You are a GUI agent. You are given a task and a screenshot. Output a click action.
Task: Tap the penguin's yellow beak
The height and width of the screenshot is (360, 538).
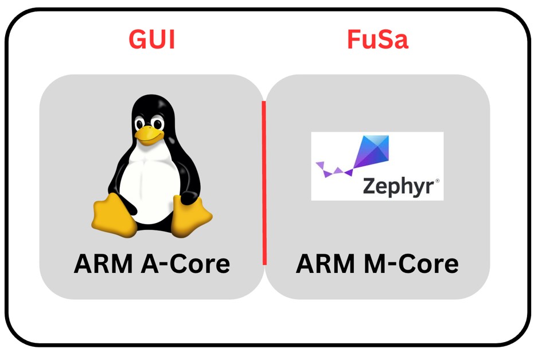point(149,134)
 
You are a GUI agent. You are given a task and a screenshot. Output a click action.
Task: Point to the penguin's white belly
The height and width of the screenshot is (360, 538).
point(151,183)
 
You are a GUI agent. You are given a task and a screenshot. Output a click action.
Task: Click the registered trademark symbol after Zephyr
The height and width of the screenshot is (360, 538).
point(437,181)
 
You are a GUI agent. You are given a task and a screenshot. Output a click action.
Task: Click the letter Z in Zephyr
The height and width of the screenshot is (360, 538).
point(369,187)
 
